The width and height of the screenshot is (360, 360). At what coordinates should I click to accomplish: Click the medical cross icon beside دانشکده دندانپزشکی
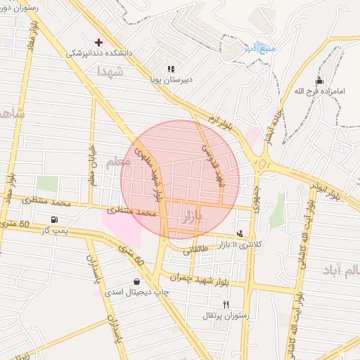[x=98, y=42]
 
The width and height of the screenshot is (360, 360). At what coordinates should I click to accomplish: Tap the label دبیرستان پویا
[x=169, y=79]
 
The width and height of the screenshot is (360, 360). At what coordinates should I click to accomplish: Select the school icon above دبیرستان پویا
[x=170, y=69]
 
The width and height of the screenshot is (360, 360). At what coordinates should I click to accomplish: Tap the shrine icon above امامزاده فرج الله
[x=319, y=79]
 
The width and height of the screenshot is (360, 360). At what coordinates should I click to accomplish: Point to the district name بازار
[x=192, y=216]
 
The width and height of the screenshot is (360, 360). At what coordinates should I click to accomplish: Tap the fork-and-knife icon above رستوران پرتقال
[x=226, y=304]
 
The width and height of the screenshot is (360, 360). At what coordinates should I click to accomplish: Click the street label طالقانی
[x=198, y=250]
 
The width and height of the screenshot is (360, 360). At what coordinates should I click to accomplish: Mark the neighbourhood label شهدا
[x=110, y=72]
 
